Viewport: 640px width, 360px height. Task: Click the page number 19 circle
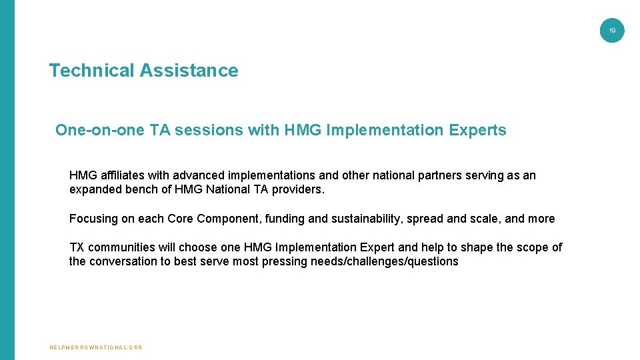tap(612, 31)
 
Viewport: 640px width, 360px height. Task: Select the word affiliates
tap(122, 175)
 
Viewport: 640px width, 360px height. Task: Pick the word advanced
tap(199, 175)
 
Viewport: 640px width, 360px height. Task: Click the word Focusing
tap(93, 219)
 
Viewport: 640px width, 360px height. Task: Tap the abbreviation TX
tap(77, 247)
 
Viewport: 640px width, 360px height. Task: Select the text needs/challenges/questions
tap(385, 261)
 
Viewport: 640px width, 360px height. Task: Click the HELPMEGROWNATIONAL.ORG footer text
tap(96, 347)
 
